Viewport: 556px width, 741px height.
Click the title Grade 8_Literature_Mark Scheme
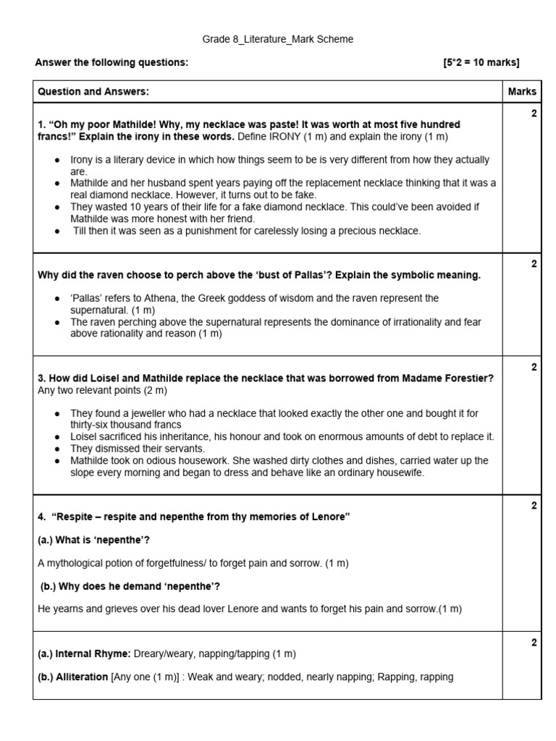click(x=277, y=39)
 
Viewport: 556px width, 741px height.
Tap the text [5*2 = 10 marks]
click(x=481, y=62)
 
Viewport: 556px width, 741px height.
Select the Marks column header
click(x=522, y=91)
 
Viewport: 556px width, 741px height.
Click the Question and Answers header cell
click(x=93, y=91)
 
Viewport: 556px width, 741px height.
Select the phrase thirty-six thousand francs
click(x=125, y=425)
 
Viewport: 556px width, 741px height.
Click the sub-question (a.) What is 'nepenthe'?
click(x=93, y=540)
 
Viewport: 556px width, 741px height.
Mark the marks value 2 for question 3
click(x=534, y=368)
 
